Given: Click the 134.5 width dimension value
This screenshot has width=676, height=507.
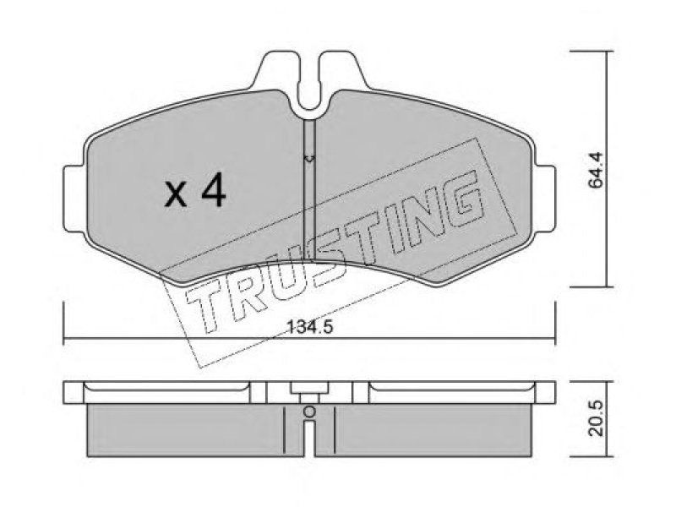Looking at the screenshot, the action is click(310, 328).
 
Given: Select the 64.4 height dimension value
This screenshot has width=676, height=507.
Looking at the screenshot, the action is click(597, 171).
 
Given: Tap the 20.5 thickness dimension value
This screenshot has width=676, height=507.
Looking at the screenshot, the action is click(597, 418).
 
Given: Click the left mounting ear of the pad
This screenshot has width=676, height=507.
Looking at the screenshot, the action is click(74, 199).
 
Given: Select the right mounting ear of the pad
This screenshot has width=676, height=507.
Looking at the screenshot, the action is click(544, 199).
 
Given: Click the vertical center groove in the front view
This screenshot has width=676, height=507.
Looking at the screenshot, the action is click(310, 189).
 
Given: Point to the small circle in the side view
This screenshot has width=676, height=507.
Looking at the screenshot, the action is click(309, 412).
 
